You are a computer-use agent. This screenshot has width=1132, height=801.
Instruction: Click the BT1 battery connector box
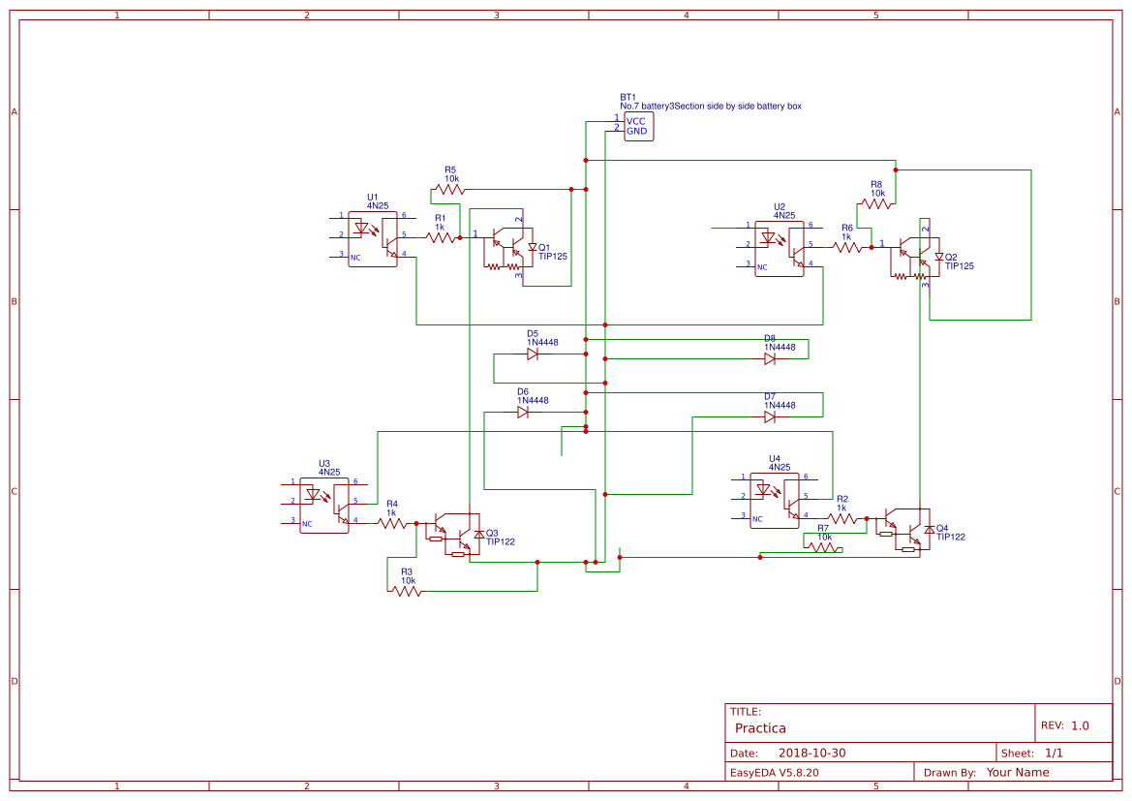[x=638, y=127]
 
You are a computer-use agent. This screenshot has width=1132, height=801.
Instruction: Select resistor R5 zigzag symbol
[x=450, y=189]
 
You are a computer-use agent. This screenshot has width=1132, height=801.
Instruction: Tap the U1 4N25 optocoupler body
[x=373, y=238]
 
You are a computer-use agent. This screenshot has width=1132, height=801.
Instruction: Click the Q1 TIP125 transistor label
[x=552, y=252]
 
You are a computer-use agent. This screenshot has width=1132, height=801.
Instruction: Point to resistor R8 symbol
[x=876, y=203]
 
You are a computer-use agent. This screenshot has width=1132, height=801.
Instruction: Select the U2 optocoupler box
[x=780, y=249]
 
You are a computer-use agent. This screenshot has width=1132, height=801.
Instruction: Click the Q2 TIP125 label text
[x=959, y=262]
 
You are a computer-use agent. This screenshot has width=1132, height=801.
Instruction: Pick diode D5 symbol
[x=533, y=354]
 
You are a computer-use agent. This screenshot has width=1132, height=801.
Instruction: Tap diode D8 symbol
[x=770, y=358]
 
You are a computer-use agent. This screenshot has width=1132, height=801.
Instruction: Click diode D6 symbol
[x=523, y=413]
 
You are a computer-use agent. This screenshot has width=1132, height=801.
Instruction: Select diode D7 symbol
[x=770, y=417]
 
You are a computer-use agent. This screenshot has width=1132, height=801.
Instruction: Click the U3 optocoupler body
[x=324, y=505]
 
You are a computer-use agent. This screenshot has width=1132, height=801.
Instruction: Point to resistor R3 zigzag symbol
[x=407, y=591]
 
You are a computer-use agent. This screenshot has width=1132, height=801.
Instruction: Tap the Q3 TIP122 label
[x=500, y=538]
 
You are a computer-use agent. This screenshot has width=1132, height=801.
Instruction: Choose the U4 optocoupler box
[x=775, y=500]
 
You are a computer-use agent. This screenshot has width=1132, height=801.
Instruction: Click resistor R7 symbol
[x=823, y=547]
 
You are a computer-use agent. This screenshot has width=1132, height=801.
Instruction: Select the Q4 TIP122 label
[x=950, y=532]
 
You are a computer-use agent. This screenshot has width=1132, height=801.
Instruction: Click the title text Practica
[x=760, y=728]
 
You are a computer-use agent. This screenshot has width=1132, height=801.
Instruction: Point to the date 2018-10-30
[x=812, y=754]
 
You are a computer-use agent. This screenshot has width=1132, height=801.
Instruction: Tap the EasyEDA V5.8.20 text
[x=775, y=773]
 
